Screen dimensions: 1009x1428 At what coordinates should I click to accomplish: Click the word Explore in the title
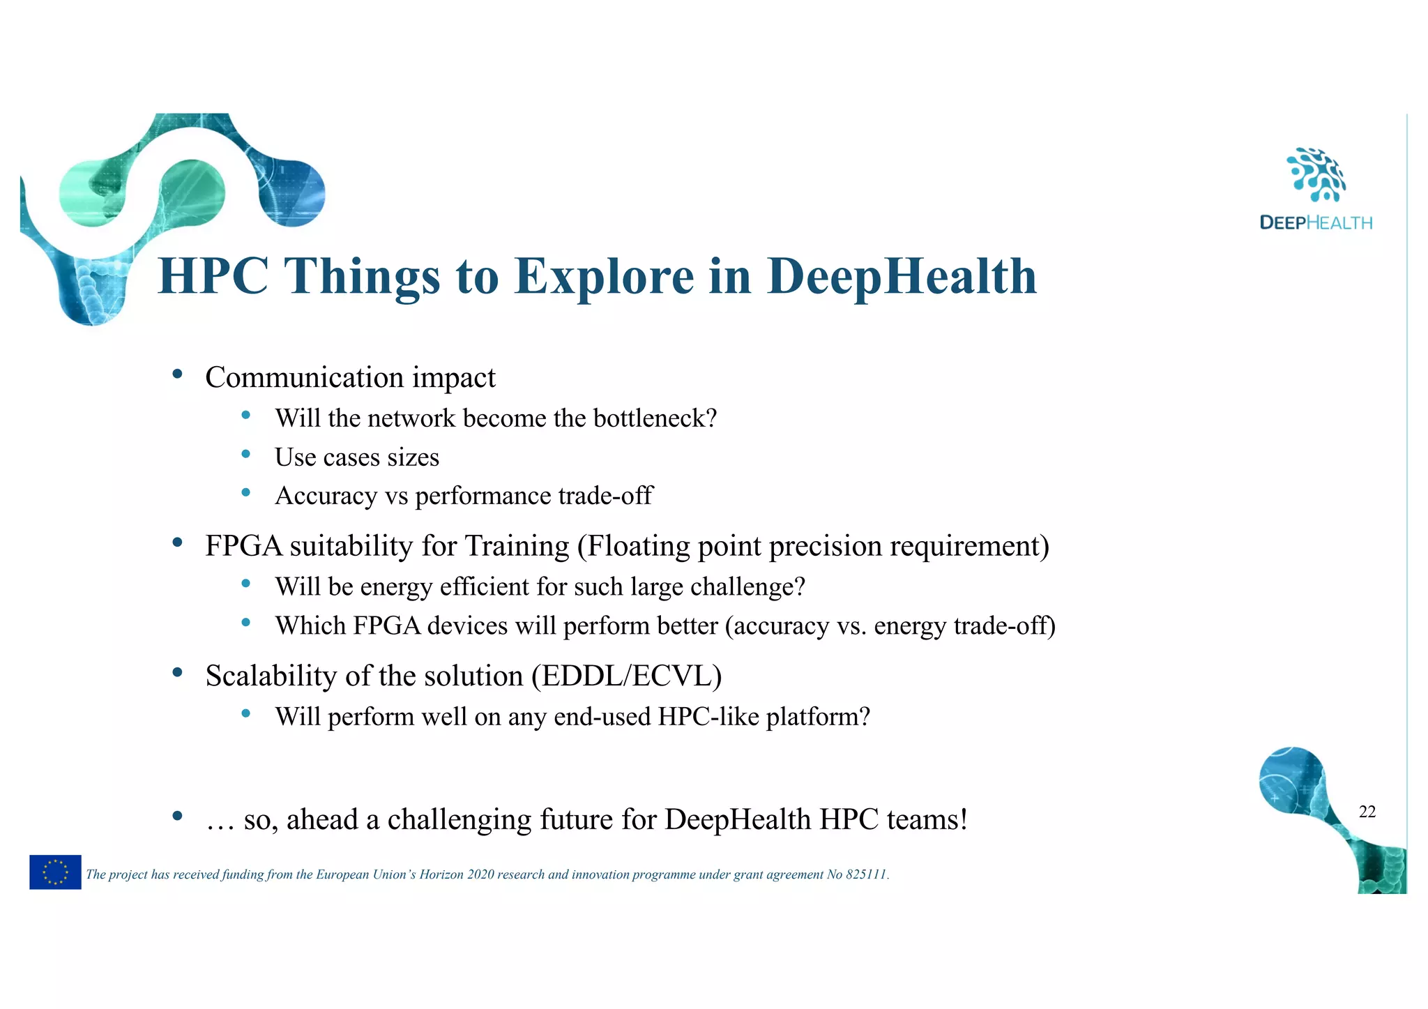[603, 277]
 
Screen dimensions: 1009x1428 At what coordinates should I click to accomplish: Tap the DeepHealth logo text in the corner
[1315, 223]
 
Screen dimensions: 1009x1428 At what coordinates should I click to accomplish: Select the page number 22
[1367, 812]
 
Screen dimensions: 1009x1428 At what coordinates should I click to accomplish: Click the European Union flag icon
[55, 872]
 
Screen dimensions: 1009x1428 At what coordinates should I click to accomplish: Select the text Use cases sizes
[357, 457]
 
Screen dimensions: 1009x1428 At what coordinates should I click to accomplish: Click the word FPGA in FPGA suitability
[243, 546]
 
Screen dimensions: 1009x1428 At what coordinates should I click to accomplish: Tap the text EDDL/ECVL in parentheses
[626, 676]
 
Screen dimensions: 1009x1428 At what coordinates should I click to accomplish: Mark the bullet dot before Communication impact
[177, 374]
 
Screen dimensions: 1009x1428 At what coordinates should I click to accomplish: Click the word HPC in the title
[213, 277]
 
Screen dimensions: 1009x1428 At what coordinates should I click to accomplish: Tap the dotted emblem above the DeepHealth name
[1315, 174]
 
